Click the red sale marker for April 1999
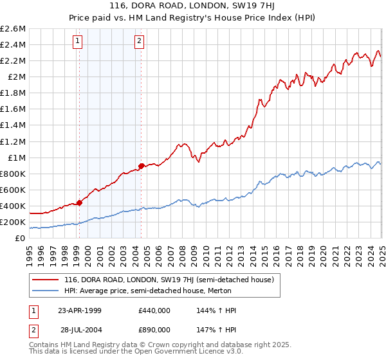79,203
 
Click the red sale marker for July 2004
141,166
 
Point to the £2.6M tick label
13,29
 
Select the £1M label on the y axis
15,157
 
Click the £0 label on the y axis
21,238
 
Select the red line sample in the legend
45,280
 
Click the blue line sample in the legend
45,291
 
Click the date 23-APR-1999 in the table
80,310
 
